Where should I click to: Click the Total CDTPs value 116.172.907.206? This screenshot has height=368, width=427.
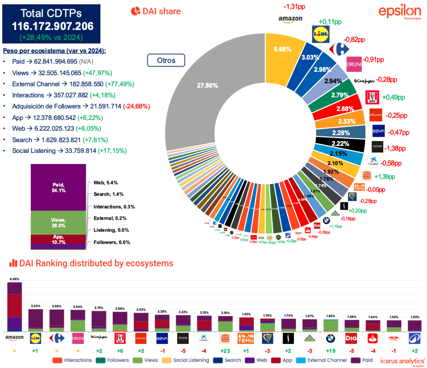[52, 26]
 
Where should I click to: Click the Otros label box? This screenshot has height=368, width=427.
[166, 60]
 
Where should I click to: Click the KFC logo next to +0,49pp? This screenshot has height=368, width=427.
[372, 98]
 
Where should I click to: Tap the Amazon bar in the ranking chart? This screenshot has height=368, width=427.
[15, 307]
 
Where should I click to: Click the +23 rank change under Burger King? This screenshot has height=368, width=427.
[225, 351]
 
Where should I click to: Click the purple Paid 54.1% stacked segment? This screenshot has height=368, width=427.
[58, 187]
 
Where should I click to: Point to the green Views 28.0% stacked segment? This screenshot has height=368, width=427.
[58, 222]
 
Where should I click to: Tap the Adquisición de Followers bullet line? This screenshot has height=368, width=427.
[81, 106]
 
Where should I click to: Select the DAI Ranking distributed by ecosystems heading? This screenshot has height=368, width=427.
[92, 263]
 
